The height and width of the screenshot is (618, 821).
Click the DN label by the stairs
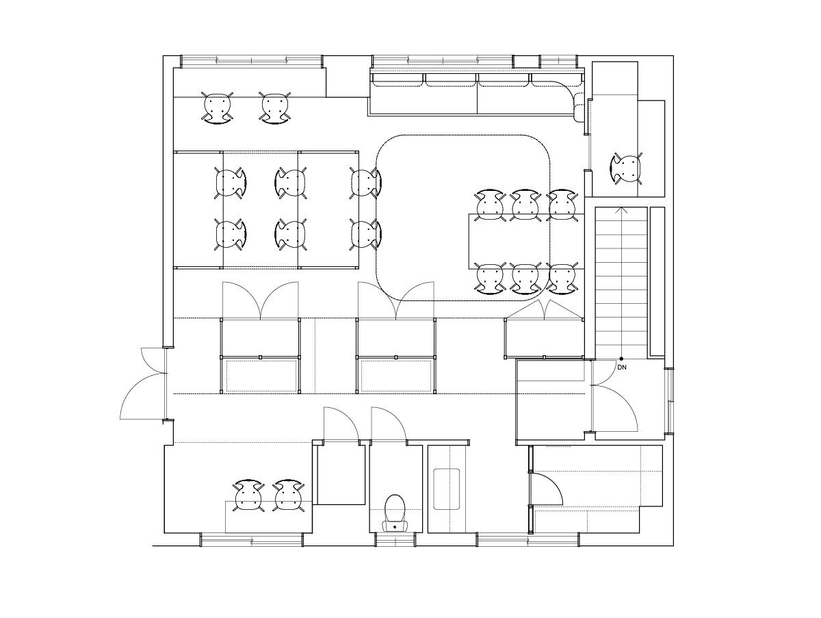pos(622,368)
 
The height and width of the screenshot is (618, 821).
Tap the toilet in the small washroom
pos(395,513)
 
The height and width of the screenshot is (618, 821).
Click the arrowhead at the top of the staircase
pos(622,210)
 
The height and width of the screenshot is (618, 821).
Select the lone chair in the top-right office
pos(626,169)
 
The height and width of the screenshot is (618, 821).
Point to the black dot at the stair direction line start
pos(622,359)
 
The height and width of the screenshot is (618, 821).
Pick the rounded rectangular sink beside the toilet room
pos(446,489)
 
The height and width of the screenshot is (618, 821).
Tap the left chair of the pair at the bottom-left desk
pos(248,495)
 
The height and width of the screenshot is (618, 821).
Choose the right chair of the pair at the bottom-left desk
pos(289,495)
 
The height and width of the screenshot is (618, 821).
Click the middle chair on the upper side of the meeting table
pos(525,205)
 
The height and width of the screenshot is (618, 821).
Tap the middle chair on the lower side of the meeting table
pos(525,278)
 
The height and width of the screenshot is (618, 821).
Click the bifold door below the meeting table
pos(544,309)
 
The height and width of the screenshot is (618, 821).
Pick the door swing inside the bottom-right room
pos(547,489)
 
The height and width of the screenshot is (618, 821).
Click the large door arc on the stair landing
pos(615,408)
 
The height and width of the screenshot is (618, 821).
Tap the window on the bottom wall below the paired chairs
pos(252,540)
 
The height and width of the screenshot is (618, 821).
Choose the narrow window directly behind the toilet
pos(395,540)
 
